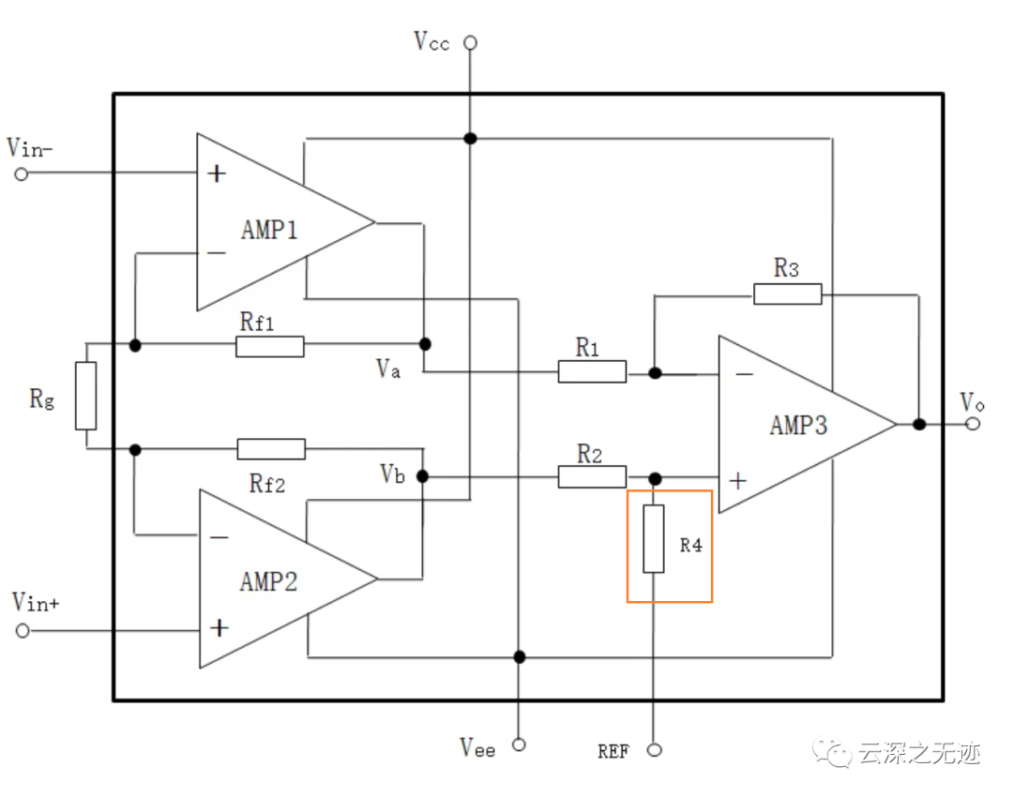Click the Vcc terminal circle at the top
[x=471, y=42]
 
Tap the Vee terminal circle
[x=518, y=744]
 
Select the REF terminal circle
[x=655, y=749]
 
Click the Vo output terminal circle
[x=974, y=424]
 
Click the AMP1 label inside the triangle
[x=269, y=230]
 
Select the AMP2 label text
[x=268, y=581]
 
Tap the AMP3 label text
[x=799, y=425]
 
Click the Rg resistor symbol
[x=85, y=396]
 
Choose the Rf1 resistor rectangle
[x=270, y=346]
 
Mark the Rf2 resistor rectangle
[x=271, y=448]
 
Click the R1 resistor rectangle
[x=592, y=372]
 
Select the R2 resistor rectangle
[x=592, y=477]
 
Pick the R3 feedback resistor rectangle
[x=788, y=293]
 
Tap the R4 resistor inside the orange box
[x=654, y=538]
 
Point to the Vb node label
[x=393, y=474]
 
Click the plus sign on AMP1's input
[x=218, y=173]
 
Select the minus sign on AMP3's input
[x=743, y=374]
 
